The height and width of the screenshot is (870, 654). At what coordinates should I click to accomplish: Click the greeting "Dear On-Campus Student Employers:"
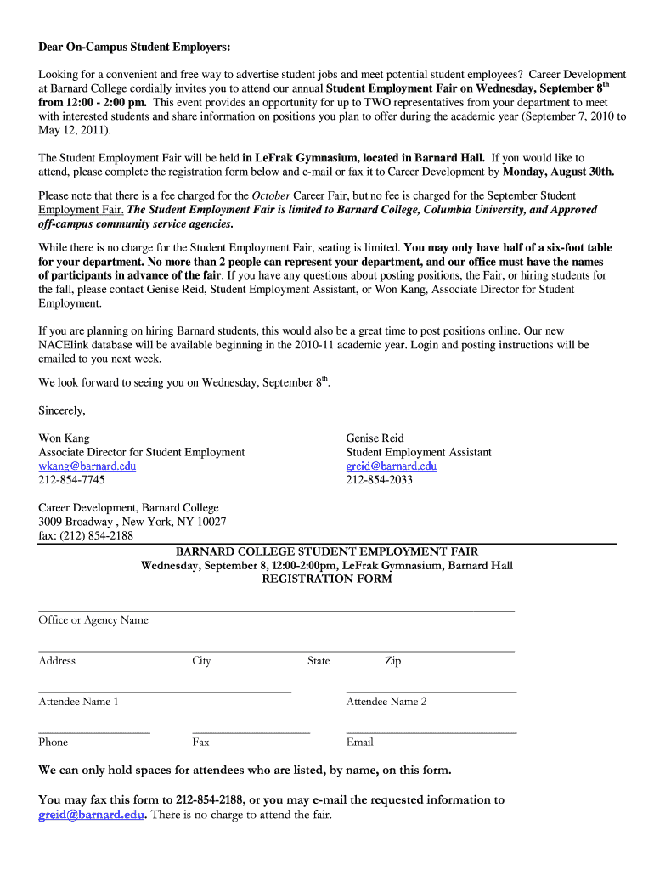pyautogui.click(x=134, y=46)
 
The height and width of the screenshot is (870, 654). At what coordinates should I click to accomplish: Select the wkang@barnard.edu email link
pyautogui.click(x=87, y=466)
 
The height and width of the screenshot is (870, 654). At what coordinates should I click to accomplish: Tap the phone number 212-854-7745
pyautogui.click(x=71, y=480)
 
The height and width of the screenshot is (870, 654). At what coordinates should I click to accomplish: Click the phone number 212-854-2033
pyautogui.click(x=379, y=480)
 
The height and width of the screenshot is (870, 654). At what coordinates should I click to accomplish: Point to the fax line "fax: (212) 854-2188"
pyautogui.click(x=86, y=535)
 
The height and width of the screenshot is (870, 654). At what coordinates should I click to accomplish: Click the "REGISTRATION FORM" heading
pyautogui.click(x=327, y=579)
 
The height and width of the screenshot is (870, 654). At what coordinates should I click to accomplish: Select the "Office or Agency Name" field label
pyautogui.click(x=93, y=620)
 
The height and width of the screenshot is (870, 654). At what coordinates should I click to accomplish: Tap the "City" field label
pyautogui.click(x=201, y=661)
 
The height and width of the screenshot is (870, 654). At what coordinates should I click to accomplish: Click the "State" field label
pyautogui.click(x=319, y=661)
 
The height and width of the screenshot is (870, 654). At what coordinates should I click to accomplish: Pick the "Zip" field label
pyautogui.click(x=392, y=661)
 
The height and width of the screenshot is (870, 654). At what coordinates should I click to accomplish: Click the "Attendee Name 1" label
pyautogui.click(x=78, y=702)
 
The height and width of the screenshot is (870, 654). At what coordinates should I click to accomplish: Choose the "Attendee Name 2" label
pyautogui.click(x=386, y=702)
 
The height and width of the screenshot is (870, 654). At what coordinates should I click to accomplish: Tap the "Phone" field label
pyautogui.click(x=53, y=743)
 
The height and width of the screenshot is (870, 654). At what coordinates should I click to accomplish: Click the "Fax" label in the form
pyautogui.click(x=200, y=743)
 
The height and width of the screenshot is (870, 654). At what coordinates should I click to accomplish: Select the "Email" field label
pyautogui.click(x=359, y=743)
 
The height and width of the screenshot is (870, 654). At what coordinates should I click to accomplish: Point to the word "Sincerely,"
pyautogui.click(x=62, y=411)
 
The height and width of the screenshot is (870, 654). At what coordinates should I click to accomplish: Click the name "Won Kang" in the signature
pyautogui.click(x=64, y=438)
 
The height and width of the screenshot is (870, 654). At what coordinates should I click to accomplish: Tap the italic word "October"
pyautogui.click(x=272, y=195)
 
